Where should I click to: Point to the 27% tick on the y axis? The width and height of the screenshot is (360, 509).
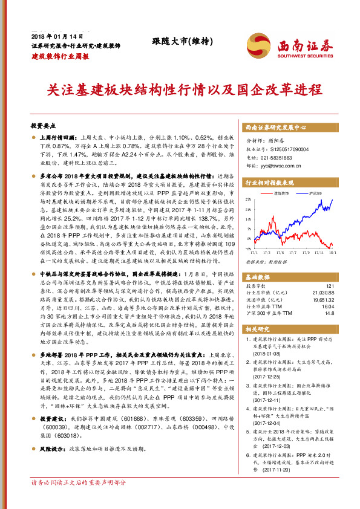pyautogui.click(x=249, y=198)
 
